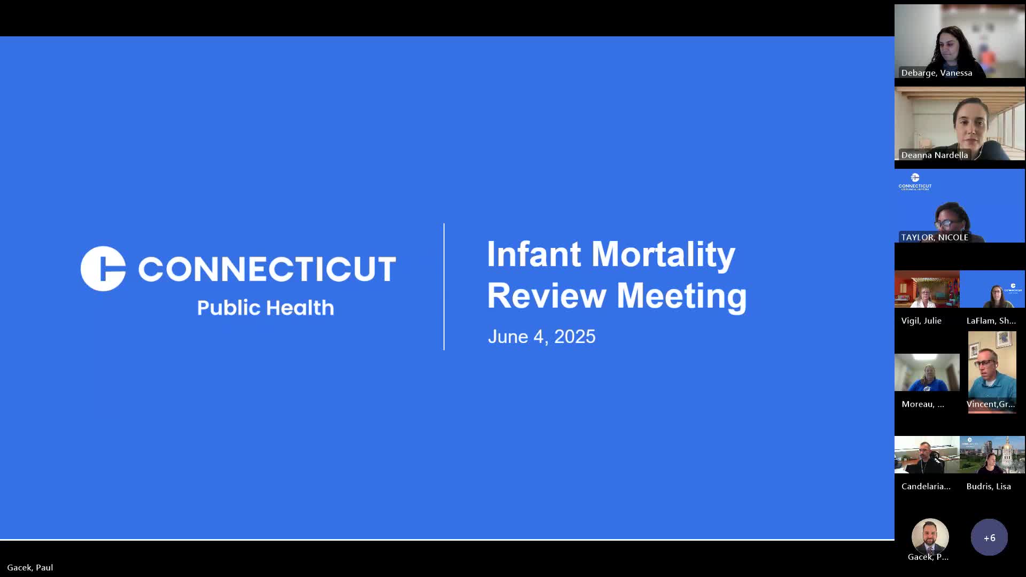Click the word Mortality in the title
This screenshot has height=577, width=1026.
(x=663, y=255)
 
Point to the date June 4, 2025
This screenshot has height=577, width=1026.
(x=541, y=337)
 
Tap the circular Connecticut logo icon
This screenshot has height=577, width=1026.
(x=103, y=269)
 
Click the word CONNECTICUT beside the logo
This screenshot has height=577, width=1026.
(x=267, y=269)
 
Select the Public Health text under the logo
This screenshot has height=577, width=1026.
(x=266, y=308)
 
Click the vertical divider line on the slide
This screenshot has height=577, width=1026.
(x=444, y=287)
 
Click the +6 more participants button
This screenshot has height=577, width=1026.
(x=989, y=537)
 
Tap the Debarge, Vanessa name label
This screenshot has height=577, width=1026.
(x=936, y=73)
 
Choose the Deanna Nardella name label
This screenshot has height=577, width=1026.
(x=934, y=155)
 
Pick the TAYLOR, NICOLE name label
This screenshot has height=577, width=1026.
(x=934, y=237)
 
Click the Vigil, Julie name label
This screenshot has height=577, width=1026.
(x=921, y=321)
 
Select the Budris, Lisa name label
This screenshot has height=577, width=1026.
(x=989, y=486)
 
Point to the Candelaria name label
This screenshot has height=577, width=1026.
(x=926, y=486)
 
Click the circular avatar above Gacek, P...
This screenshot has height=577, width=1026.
(x=930, y=536)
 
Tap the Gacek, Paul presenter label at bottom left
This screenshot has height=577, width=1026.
(x=30, y=567)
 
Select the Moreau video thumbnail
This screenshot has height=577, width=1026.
(x=927, y=372)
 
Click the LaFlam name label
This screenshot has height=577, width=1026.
(x=991, y=321)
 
